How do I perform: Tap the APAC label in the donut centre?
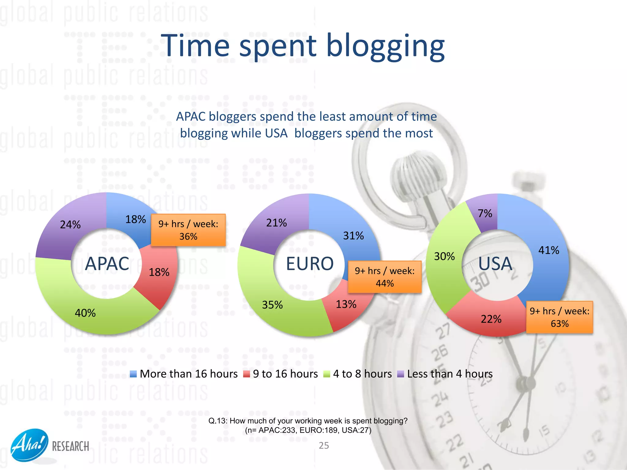[x=107, y=263]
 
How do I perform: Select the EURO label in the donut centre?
[x=310, y=263]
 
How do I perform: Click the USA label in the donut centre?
[x=495, y=263]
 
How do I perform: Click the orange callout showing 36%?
[x=188, y=230]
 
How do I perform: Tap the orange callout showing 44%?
[x=385, y=277]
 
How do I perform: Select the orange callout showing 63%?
[x=559, y=317]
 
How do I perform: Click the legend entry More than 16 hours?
[x=184, y=374]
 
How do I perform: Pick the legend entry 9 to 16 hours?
[x=281, y=374]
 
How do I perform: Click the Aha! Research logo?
[x=49, y=445]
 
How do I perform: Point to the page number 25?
[x=324, y=446]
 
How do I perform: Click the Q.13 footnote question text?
[x=308, y=421]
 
